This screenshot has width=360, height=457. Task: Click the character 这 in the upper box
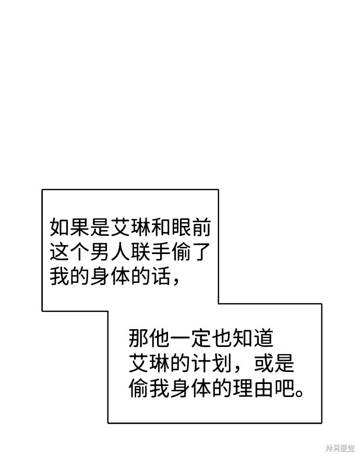pos(60,251)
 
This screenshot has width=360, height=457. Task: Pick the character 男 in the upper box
pos(100,251)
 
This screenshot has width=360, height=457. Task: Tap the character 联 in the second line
pos(140,251)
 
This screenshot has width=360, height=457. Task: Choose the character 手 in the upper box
pos(161,251)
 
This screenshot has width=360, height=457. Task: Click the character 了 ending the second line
pos(201,251)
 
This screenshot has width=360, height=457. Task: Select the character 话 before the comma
pos(161,276)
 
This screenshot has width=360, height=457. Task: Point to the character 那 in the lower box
pos(139,338)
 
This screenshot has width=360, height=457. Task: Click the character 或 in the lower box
pos(263,363)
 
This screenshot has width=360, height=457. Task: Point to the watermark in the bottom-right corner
pos(340,448)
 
